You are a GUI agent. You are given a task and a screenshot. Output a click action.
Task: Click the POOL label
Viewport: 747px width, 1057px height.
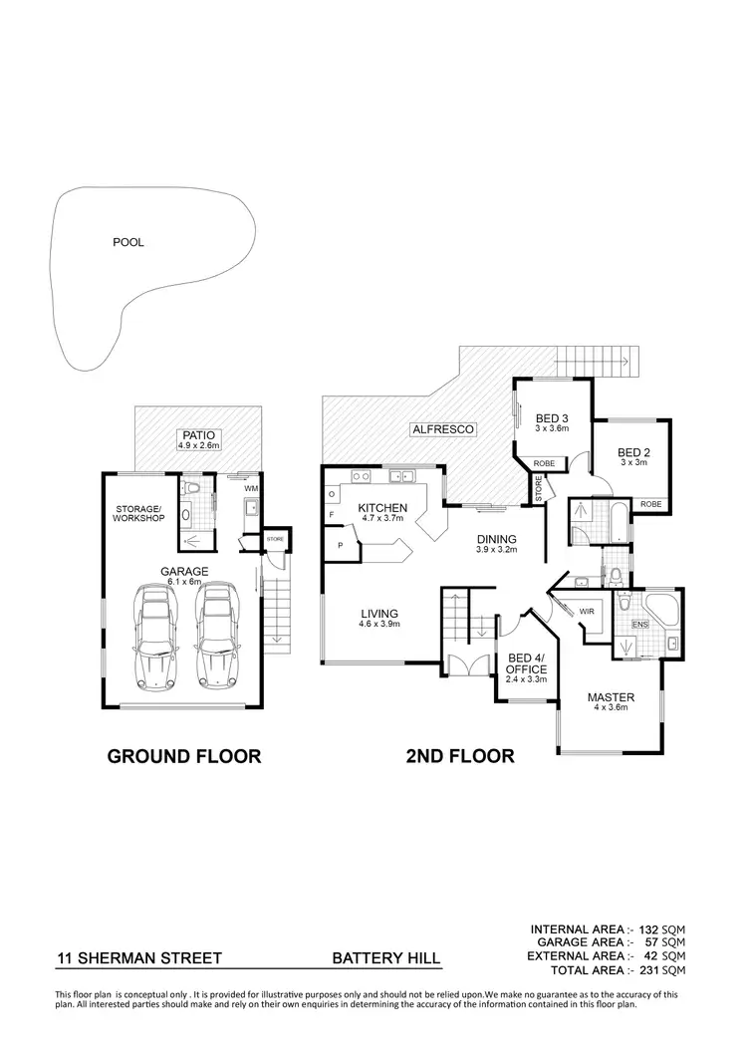128,242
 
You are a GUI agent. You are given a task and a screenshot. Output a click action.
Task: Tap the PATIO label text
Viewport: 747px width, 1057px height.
197,434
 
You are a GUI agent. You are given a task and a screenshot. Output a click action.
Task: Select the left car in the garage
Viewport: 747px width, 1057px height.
155,638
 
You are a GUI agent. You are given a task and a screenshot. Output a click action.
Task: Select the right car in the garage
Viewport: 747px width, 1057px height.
217,638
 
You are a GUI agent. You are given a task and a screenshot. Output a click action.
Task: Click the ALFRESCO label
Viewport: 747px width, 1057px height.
442,429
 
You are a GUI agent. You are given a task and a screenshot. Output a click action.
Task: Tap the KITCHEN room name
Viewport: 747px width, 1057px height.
383,508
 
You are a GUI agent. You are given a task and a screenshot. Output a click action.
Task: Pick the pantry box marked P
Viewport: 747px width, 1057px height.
340,546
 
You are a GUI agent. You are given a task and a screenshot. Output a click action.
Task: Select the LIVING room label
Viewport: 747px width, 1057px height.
380,613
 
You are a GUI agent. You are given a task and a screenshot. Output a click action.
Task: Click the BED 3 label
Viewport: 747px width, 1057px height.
551,417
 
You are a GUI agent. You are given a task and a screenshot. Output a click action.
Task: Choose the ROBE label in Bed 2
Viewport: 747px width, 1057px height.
650,505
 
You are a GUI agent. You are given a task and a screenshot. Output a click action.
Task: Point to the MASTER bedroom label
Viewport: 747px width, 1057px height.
610,696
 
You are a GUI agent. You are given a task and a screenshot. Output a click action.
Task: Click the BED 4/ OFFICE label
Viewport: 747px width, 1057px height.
526,662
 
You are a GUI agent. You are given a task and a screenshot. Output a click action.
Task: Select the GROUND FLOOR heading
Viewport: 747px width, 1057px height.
183,756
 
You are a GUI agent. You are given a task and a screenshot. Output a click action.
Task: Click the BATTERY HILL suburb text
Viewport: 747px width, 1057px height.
385,960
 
